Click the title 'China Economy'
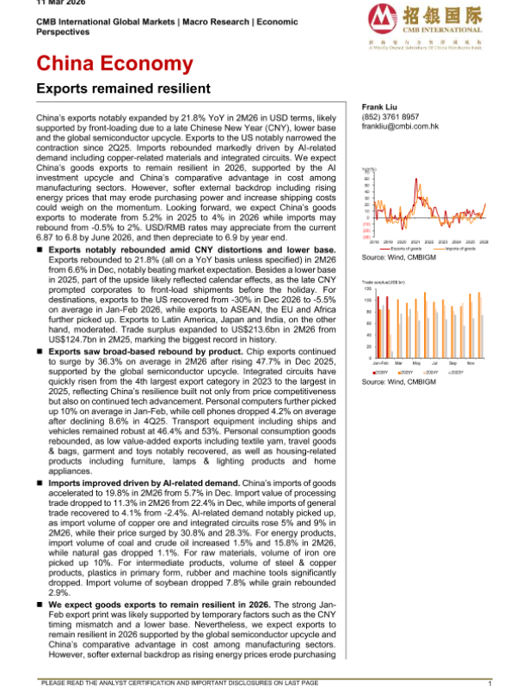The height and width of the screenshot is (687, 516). tap(114, 64)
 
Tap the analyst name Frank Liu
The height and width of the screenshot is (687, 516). tap(378, 106)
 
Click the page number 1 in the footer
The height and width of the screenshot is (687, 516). tap(489, 683)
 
